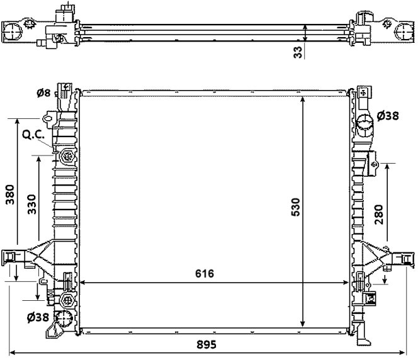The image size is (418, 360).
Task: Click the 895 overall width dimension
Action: pos(206,344)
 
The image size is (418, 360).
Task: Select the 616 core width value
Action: pos(205,273)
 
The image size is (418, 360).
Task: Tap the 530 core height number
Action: pos(296,207)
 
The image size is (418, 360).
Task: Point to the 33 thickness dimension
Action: pos(298,52)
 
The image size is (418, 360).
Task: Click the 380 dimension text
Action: pos(10,194)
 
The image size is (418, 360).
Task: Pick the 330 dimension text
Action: pos(32,205)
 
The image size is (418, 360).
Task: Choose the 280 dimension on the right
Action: pos(379,215)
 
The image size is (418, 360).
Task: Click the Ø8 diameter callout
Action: pos(43,93)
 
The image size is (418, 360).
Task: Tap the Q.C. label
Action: pos(33,135)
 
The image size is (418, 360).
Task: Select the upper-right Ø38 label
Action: pos(388,116)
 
